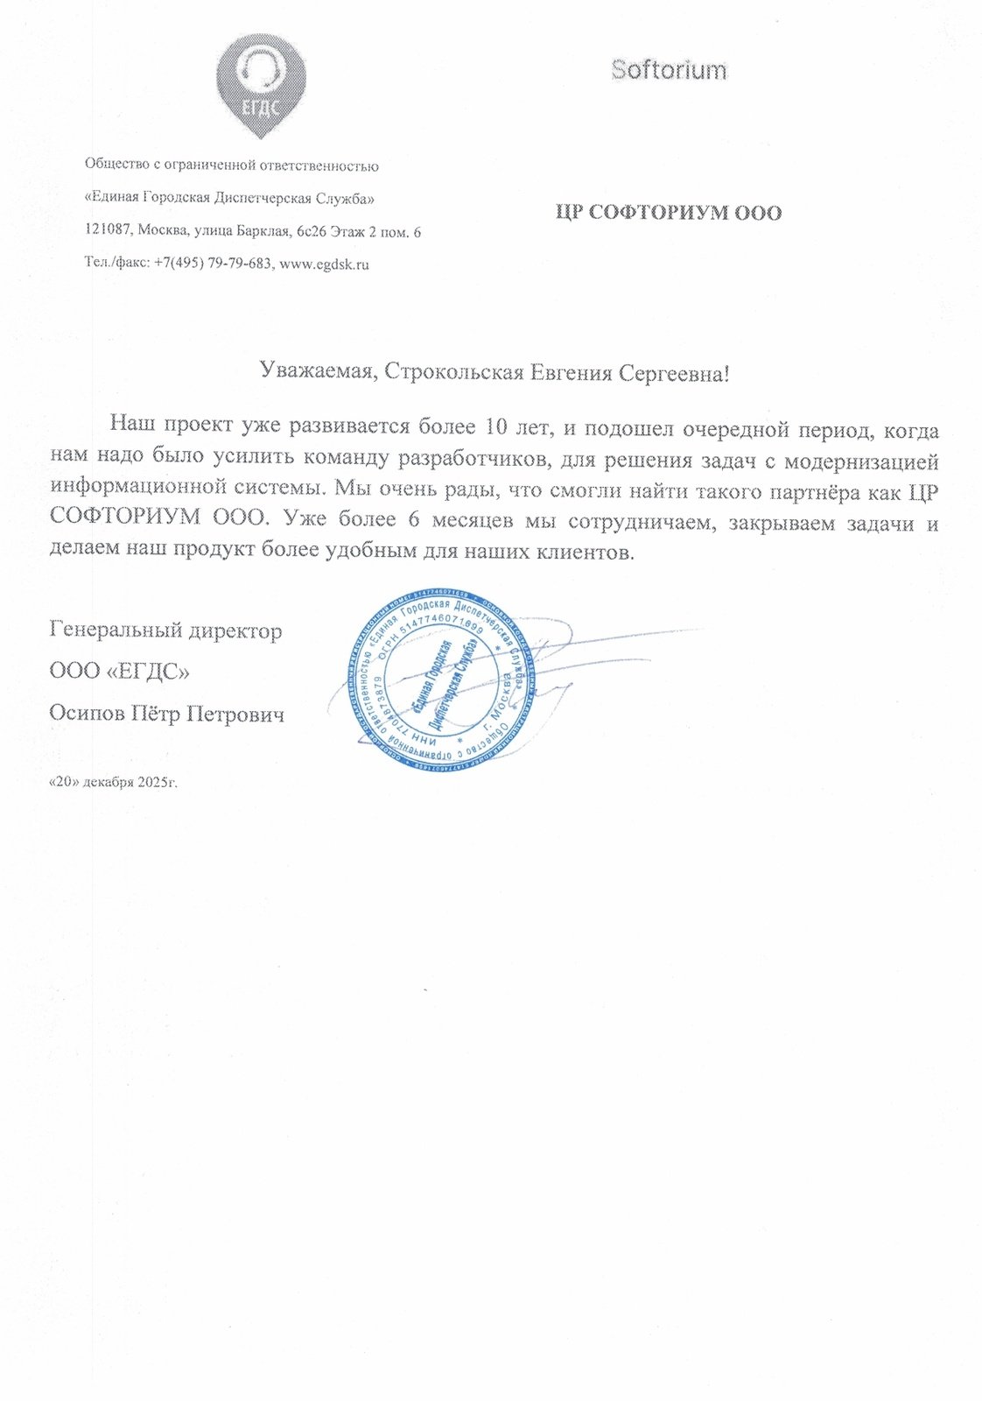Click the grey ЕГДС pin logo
pyautogui.click(x=262, y=83)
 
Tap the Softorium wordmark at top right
pyautogui.click(x=669, y=70)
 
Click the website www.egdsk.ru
pyautogui.click(x=323, y=264)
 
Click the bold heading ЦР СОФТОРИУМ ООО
pyautogui.click(x=669, y=213)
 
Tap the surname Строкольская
pyautogui.click(x=454, y=373)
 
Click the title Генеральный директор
pyautogui.click(x=166, y=630)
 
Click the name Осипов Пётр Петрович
pyautogui.click(x=167, y=715)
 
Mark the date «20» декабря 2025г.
pyautogui.click(x=113, y=782)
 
